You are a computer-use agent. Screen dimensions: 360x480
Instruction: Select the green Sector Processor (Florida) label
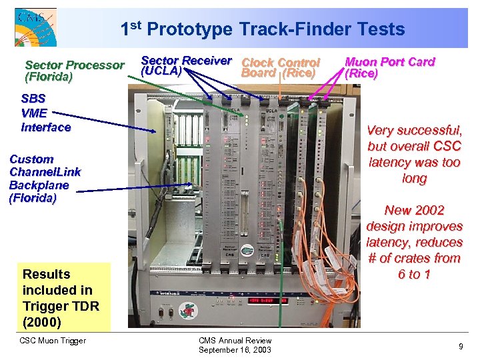(74, 71)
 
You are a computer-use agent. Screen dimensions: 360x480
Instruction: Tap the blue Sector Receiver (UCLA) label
(186, 65)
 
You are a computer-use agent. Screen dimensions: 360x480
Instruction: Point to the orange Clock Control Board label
(280, 67)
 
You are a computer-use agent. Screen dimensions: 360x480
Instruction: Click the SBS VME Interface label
(46, 113)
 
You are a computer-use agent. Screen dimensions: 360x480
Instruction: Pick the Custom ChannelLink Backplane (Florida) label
(45, 178)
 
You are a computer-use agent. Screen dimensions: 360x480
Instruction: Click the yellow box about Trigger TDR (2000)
(65, 297)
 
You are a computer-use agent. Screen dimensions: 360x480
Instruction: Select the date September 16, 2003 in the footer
(235, 350)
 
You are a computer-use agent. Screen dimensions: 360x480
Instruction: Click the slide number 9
(461, 346)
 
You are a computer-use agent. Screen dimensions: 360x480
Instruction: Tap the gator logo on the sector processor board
(247, 251)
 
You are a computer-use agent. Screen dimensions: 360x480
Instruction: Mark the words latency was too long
(414, 170)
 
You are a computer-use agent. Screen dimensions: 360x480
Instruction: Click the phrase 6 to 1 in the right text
(414, 274)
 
